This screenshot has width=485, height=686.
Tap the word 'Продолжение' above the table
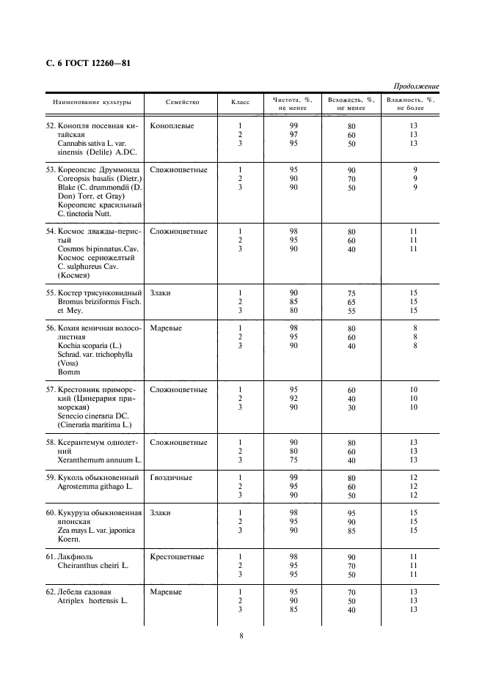(416, 86)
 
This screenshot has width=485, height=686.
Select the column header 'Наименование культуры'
(91, 103)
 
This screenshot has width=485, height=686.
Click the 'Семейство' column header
(182, 103)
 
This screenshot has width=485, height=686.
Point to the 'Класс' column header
(240, 103)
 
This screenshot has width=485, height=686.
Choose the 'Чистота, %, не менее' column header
(293, 104)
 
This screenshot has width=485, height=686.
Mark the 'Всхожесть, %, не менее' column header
(351, 104)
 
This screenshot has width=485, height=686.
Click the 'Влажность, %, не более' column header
(410, 104)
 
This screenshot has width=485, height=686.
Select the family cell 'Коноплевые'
(172, 126)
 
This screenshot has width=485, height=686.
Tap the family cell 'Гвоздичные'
(171, 478)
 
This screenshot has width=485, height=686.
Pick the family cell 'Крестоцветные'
(177, 557)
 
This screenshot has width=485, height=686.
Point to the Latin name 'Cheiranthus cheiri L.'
(92, 566)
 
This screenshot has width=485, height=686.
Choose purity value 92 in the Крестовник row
(293, 399)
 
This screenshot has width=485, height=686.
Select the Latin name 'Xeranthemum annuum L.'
(99, 460)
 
